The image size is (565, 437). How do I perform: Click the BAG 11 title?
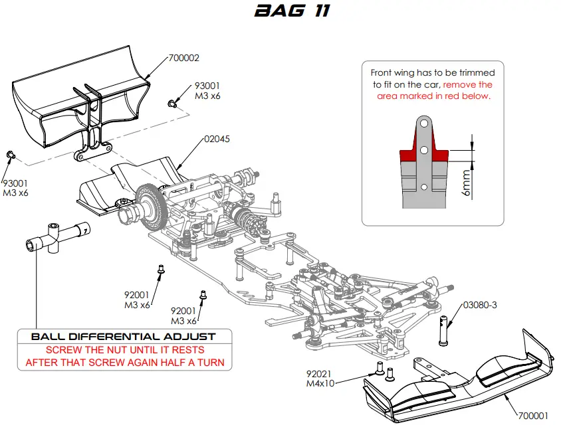[x=283, y=11]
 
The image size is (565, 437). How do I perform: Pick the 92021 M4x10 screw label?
[x=320, y=379]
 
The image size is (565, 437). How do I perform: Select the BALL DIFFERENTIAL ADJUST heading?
[x=124, y=337]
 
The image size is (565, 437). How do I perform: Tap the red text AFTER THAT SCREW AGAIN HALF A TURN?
[x=124, y=363]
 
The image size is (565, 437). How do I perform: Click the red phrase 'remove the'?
[x=467, y=85]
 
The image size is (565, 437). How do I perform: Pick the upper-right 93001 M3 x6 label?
[x=207, y=91]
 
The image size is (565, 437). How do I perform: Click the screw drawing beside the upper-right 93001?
[x=172, y=103]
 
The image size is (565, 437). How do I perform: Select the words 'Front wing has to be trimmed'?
[x=432, y=72]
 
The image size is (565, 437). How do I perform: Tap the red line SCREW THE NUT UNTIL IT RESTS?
[x=124, y=350]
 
